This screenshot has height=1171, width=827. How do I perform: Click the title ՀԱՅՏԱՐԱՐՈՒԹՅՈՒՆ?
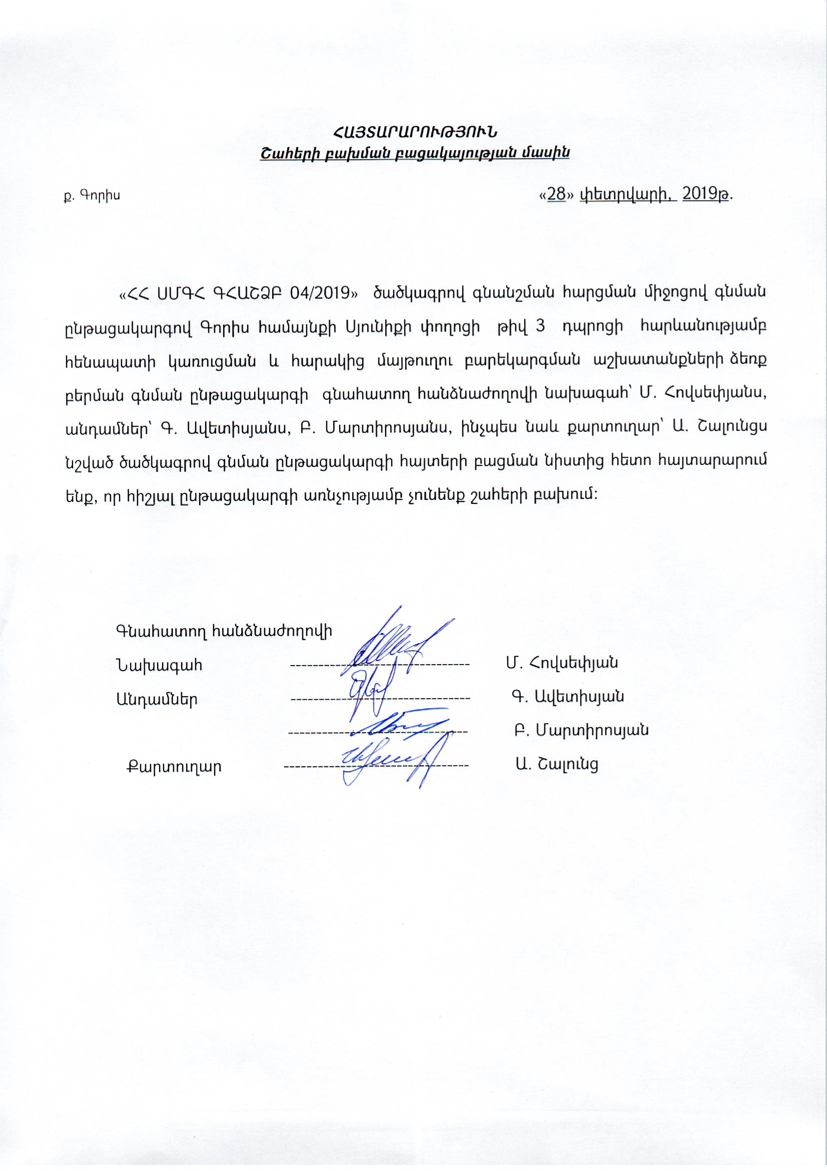pyautogui.click(x=414, y=132)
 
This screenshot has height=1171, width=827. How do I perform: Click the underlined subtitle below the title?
pyautogui.click(x=414, y=152)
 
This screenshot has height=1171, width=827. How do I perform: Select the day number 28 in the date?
pyautogui.click(x=556, y=195)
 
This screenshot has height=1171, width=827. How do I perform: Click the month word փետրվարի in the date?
pyautogui.click(x=628, y=195)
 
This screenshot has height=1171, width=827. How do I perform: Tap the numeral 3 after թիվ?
pyautogui.click(x=542, y=327)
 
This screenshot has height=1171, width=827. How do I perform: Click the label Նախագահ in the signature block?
pyautogui.click(x=160, y=666)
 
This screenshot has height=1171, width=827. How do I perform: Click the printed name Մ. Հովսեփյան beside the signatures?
pyautogui.click(x=562, y=663)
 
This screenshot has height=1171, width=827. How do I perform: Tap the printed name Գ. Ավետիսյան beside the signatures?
pyautogui.click(x=568, y=697)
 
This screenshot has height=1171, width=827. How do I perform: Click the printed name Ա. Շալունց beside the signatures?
pyautogui.click(x=556, y=764)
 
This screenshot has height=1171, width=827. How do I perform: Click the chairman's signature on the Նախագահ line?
pyautogui.click(x=392, y=645)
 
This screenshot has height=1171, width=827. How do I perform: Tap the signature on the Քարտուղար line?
pyautogui.click(x=387, y=760)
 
